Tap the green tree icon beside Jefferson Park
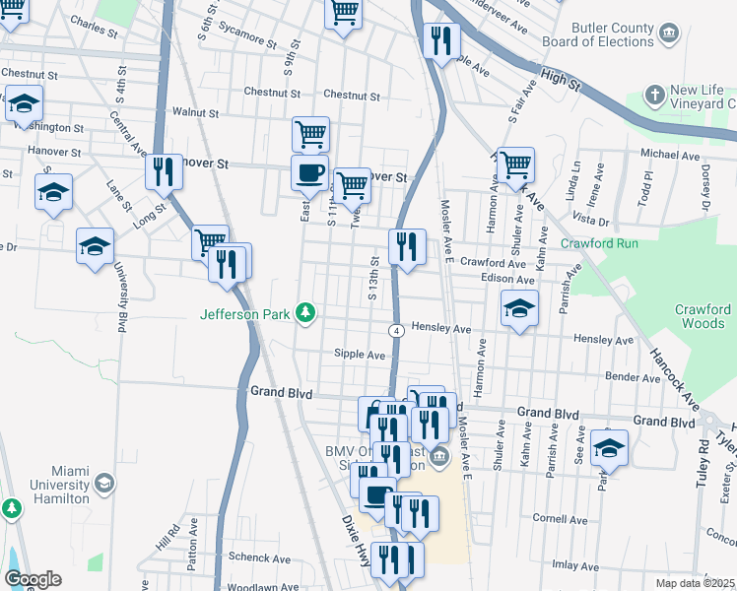[306, 313]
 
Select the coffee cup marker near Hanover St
[309, 173]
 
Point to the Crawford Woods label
[703, 316]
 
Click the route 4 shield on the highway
[394, 330]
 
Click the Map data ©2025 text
[695, 583]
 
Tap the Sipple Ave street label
[359, 355]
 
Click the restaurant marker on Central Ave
[164, 172]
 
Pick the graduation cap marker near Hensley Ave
[519, 308]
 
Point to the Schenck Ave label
[257, 558]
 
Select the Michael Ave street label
[669, 156]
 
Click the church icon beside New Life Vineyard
[655, 96]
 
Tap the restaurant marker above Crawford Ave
[407, 245]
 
